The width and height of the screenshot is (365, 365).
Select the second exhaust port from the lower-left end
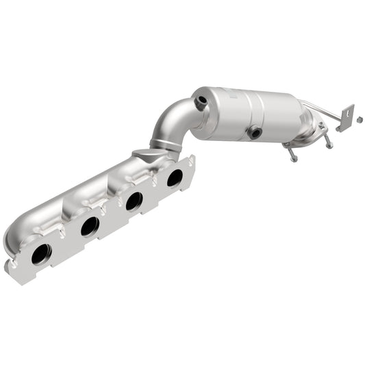click(90, 227)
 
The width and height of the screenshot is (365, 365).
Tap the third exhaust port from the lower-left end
click(134, 201)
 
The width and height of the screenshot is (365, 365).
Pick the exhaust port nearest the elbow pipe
click(175, 178)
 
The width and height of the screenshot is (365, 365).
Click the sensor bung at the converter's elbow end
click(201, 103)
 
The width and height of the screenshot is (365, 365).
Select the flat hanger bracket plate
click(345, 118)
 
